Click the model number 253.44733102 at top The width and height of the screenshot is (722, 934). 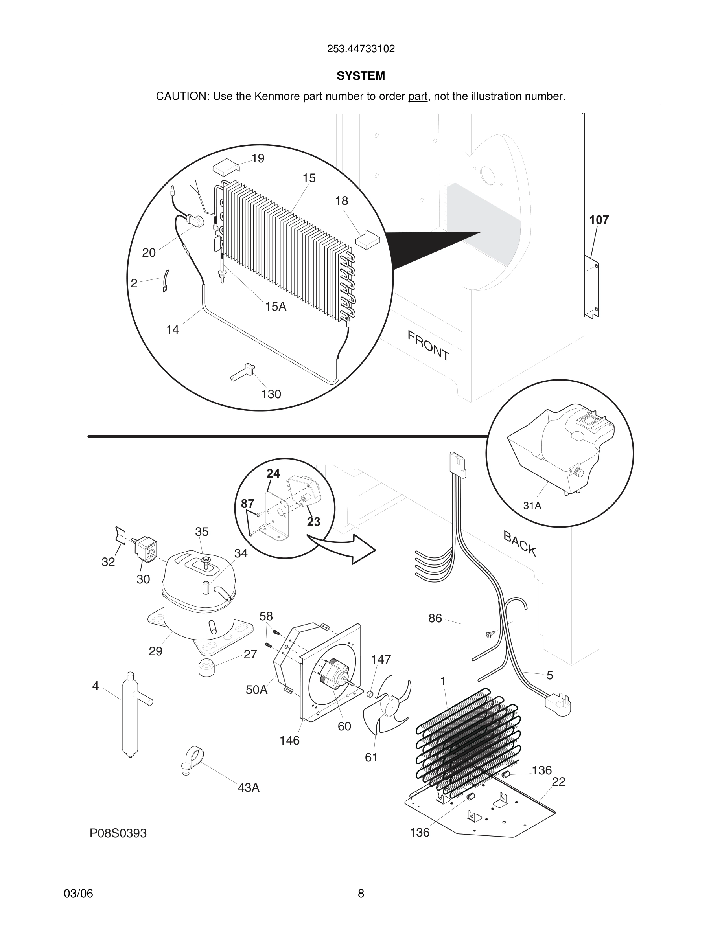tap(361, 49)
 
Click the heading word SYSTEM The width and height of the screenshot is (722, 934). tap(361, 76)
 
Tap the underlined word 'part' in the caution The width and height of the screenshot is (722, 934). tap(418, 97)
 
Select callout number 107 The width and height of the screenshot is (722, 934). tap(599, 220)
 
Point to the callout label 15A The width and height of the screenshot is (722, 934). tap(275, 306)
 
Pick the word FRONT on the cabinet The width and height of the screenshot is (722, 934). tap(428, 346)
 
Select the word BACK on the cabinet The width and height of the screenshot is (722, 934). tap(520, 543)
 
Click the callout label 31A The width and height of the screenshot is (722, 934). tap(532, 506)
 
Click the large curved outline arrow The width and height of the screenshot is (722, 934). tap(342, 549)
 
